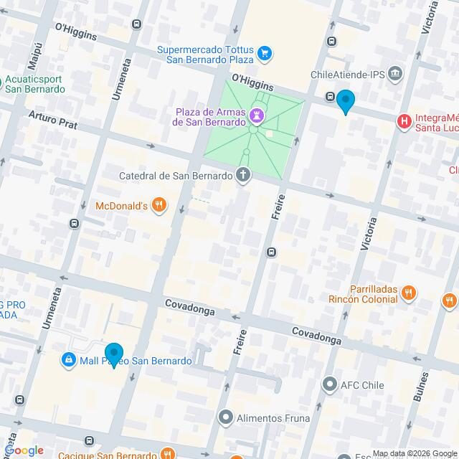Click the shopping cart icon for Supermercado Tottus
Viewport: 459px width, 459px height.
[x=265, y=52]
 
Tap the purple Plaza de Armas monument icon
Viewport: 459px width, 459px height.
[x=255, y=115]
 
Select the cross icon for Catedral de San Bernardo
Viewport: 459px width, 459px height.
[x=244, y=175]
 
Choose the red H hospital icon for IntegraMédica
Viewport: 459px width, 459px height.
[x=404, y=122]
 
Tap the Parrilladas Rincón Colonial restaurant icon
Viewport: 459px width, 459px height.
[x=408, y=293]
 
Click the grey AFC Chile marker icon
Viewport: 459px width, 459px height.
[x=330, y=384]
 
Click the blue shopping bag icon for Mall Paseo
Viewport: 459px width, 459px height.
[x=68, y=360]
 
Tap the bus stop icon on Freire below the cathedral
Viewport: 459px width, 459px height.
[x=271, y=252]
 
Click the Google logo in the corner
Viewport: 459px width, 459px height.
[x=23, y=450]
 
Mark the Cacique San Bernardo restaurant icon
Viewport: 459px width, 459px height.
[x=166, y=453]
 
